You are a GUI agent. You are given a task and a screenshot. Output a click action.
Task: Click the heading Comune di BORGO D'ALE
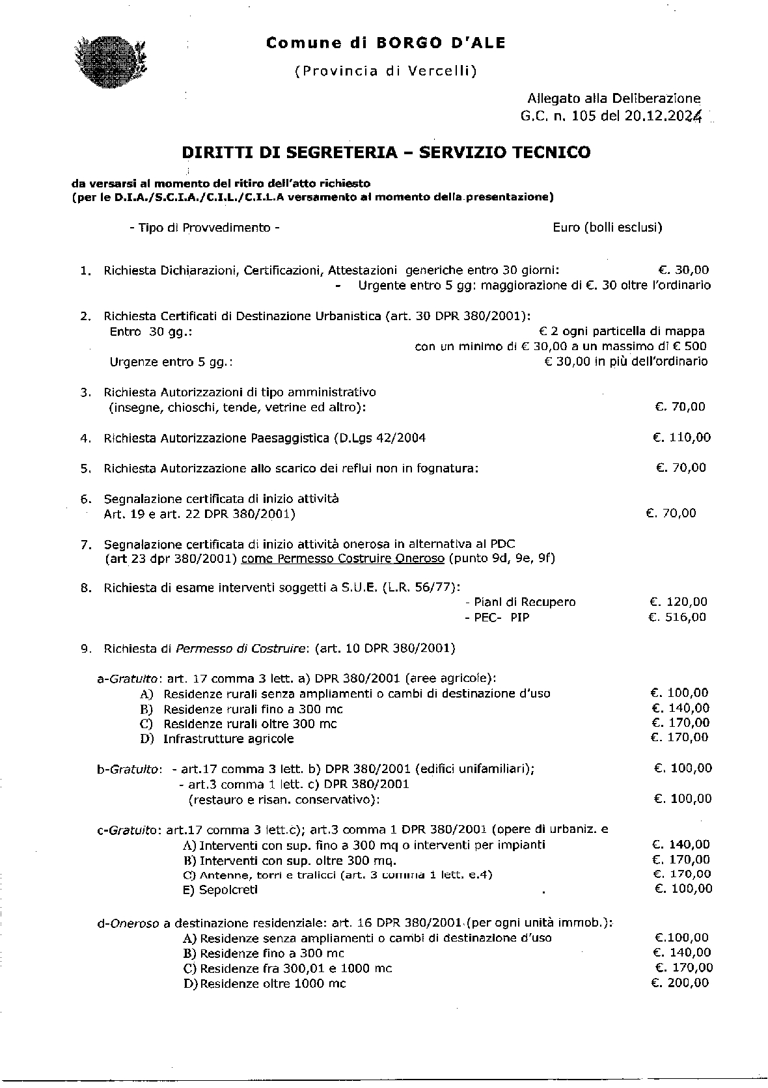click(x=385, y=44)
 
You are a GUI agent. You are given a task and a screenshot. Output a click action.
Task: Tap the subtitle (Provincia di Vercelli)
click(x=385, y=71)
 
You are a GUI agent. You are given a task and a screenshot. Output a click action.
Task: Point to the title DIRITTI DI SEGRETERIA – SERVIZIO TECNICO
click(x=386, y=152)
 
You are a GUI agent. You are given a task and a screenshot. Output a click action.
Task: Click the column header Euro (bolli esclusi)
click(x=607, y=227)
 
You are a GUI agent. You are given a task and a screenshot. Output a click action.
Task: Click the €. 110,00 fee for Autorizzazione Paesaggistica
click(x=681, y=437)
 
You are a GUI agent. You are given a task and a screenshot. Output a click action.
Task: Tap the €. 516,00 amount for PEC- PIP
click(x=677, y=617)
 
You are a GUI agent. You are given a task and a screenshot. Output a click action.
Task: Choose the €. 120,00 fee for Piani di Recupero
click(x=678, y=602)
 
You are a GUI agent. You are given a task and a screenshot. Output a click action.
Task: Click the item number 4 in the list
click(x=85, y=439)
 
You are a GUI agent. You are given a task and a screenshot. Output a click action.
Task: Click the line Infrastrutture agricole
click(x=228, y=739)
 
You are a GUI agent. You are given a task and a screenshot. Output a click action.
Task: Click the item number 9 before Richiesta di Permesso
click(x=85, y=649)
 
